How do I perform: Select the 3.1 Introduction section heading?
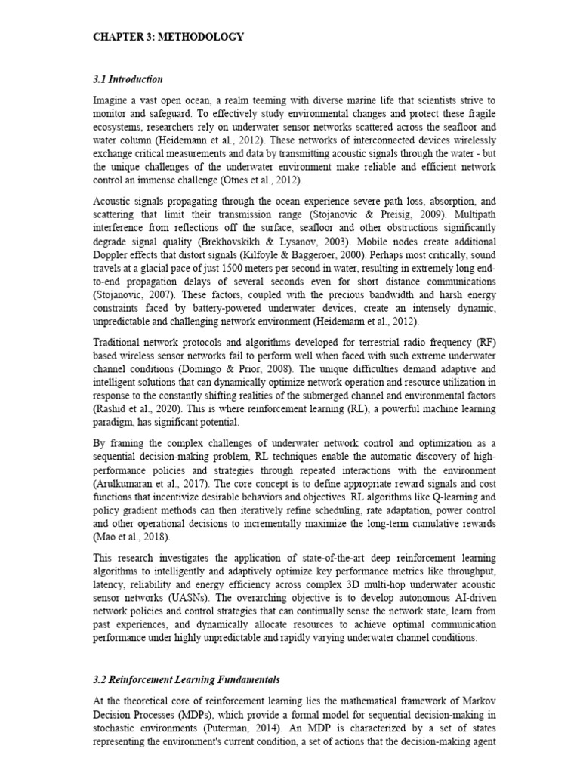[128, 79]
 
